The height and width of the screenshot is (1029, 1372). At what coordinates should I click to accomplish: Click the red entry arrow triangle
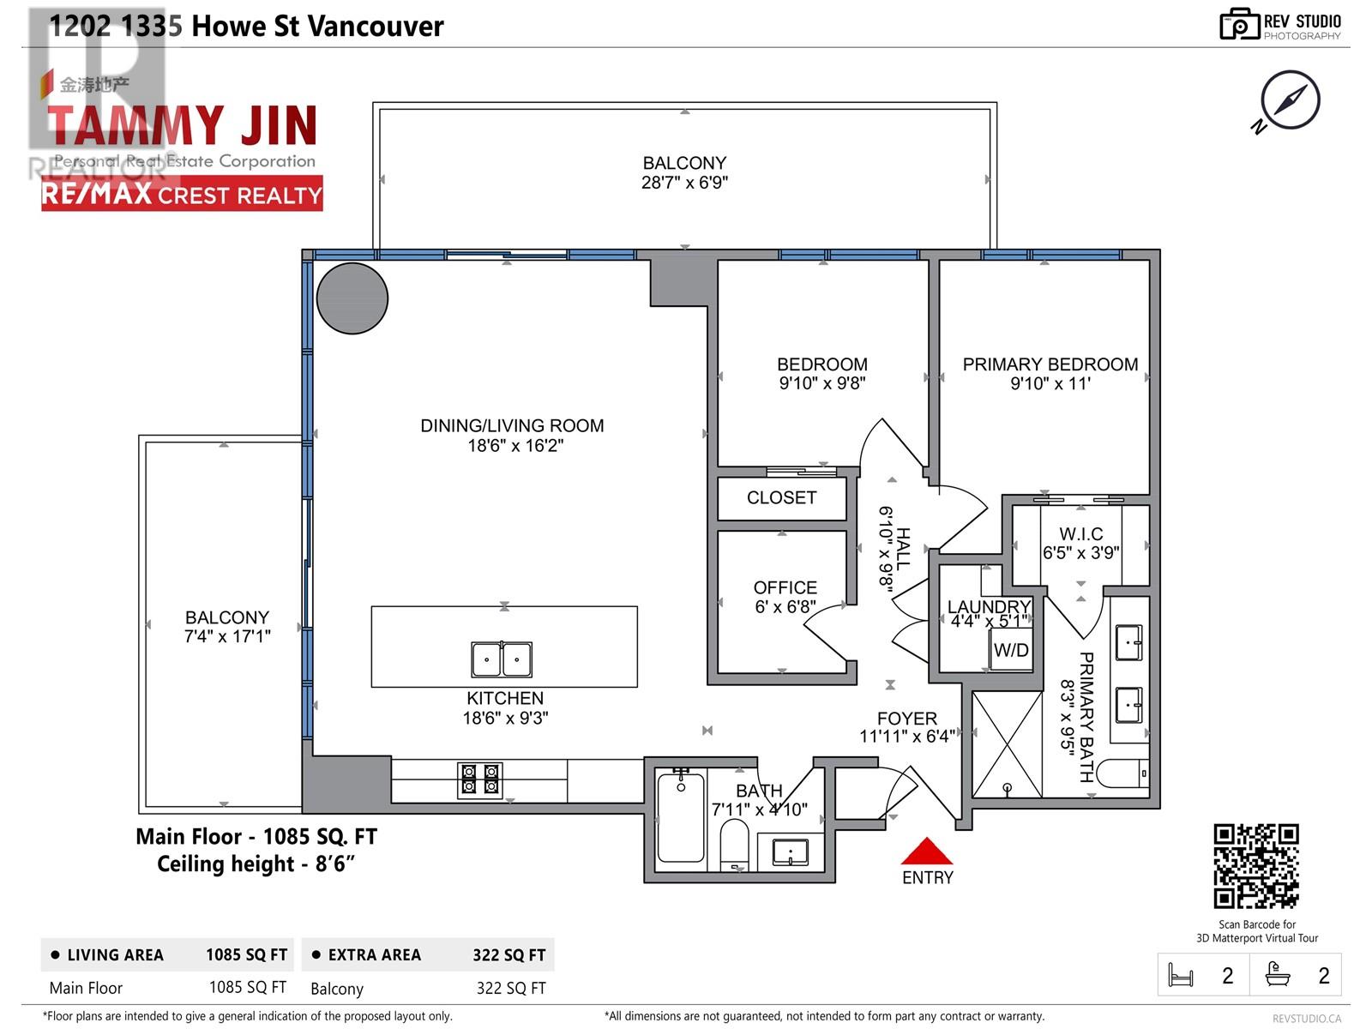(x=927, y=852)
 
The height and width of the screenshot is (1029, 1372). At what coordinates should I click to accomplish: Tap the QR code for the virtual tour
(x=1256, y=866)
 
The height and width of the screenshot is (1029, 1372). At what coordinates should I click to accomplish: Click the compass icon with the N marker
(x=1290, y=100)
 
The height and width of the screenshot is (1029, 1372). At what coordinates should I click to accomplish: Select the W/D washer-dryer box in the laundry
(x=1011, y=650)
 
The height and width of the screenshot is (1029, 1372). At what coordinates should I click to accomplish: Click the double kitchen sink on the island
(x=502, y=659)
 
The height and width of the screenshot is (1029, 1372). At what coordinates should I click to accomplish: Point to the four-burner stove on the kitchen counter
(x=480, y=779)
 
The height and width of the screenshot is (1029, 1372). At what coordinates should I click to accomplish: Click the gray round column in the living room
(x=352, y=298)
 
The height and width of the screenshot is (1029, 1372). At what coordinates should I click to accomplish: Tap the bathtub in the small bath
(x=681, y=817)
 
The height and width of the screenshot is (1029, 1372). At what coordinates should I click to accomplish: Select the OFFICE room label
(x=785, y=587)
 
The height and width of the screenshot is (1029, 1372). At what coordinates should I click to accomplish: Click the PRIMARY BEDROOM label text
(x=1050, y=364)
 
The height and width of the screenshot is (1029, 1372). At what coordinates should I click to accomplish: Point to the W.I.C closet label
(x=1080, y=534)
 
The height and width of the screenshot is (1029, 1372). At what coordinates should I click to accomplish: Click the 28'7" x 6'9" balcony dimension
(x=684, y=182)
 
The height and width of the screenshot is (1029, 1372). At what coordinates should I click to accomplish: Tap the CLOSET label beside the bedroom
(x=781, y=497)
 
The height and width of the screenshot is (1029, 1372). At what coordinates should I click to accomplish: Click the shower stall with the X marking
(x=1007, y=744)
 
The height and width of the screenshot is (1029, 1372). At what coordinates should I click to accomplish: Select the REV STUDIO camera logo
(x=1239, y=24)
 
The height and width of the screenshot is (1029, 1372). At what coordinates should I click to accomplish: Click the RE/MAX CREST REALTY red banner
(x=182, y=195)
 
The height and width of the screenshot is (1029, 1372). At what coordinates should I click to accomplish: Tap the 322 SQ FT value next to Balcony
(x=511, y=988)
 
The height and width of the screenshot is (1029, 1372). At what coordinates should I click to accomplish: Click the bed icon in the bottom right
(x=1181, y=975)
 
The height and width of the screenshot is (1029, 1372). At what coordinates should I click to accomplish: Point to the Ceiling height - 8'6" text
(x=256, y=864)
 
